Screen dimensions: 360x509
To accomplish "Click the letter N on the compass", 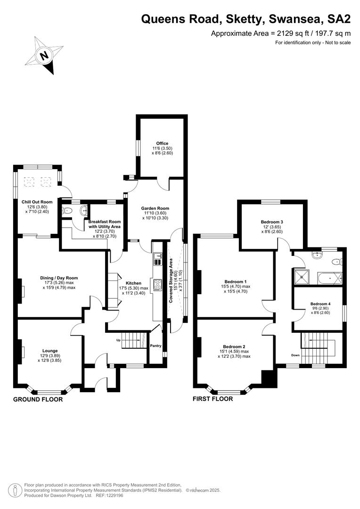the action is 44,56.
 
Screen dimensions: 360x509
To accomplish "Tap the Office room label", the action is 162,143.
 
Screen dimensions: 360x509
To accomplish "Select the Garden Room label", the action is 155,208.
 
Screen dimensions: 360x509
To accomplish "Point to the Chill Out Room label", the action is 37,202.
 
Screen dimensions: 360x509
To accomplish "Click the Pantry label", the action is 155,346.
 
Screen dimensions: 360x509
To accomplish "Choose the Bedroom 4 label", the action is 320,304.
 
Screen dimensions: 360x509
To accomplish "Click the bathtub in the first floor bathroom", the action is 330,278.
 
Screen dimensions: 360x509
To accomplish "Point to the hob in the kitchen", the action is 158,284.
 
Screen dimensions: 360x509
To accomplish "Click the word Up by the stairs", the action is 119,340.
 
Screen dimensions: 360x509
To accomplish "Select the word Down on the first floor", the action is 295,355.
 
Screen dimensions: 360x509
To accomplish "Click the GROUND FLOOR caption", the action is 38,399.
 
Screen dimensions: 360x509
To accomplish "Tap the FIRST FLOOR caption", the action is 213,399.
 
